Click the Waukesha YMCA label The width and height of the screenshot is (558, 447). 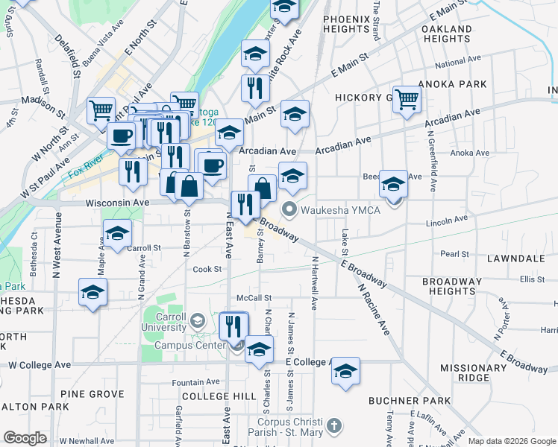(340, 209)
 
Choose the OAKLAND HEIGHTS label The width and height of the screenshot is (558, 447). (446, 34)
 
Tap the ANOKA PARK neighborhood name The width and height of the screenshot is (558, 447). (447, 84)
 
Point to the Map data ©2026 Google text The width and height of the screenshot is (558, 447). (512, 441)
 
